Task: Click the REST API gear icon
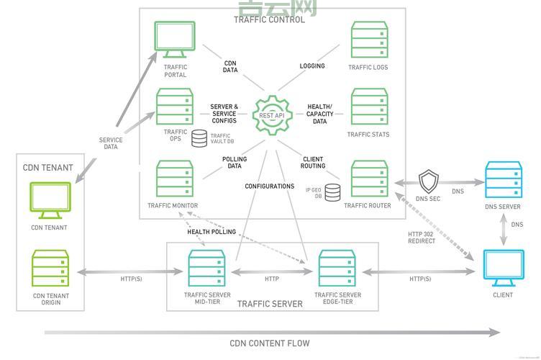pyautogui.click(x=272, y=114)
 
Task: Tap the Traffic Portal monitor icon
pyautogui.click(x=175, y=40)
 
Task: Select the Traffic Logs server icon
pyautogui.click(x=369, y=40)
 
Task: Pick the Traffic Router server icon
pyautogui.click(x=369, y=179)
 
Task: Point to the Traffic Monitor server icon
pyautogui.click(x=175, y=179)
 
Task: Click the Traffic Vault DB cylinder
pyautogui.click(x=199, y=138)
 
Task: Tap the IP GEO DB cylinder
pyautogui.click(x=332, y=192)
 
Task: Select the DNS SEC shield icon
pyautogui.click(x=429, y=180)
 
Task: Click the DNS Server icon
pyautogui.click(x=503, y=180)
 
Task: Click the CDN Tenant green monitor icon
pyautogui.click(x=50, y=200)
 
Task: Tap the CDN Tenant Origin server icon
pyautogui.click(x=50, y=269)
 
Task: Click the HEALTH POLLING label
pyautogui.click(x=212, y=232)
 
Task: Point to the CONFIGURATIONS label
pyautogui.click(x=270, y=186)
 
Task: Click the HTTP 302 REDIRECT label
pyautogui.click(x=422, y=238)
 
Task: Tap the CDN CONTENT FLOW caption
pyautogui.click(x=270, y=343)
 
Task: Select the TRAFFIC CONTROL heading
pyautogui.click(x=270, y=20)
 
